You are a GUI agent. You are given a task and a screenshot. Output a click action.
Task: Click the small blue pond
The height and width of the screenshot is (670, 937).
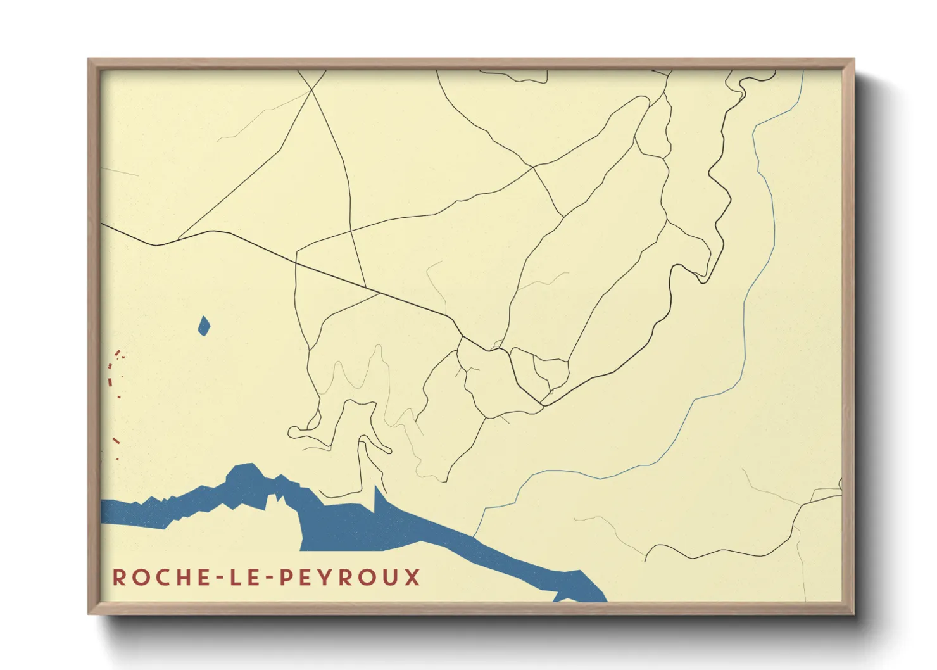click(x=204, y=326)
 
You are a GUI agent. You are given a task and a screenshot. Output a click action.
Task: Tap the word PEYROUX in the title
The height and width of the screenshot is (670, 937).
click(x=349, y=577)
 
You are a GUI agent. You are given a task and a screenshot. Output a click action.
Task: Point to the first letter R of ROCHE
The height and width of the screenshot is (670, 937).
click(x=118, y=577)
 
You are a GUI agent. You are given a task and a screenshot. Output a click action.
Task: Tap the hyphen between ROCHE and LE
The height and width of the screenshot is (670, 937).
click(x=219, y=578)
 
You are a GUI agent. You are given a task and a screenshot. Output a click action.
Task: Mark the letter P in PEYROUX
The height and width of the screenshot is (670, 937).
click(x=286, y=577)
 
